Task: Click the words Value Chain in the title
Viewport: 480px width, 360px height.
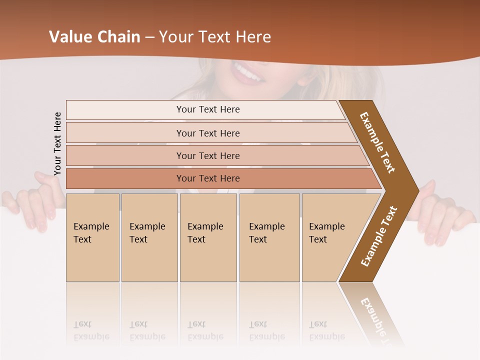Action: click(94, 37)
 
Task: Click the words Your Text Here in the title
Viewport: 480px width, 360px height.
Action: click(215, 37)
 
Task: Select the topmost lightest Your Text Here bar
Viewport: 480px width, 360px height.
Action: click(208, 109)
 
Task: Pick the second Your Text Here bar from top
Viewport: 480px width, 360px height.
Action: click(208, 133)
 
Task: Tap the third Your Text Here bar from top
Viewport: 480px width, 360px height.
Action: click(208, 155)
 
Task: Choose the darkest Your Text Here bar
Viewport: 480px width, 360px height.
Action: click(208, 178)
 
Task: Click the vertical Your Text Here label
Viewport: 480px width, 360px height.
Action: click(57, 143)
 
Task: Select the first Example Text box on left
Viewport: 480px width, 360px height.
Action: click(92, 237)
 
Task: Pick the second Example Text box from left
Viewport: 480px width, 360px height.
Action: click(149, 237)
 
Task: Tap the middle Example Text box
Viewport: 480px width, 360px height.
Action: click(208, 237)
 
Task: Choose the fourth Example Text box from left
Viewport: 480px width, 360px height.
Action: click(269, 237)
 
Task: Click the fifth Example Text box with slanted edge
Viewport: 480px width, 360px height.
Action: click(330, 237)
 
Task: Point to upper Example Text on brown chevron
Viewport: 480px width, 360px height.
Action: click(377, 142)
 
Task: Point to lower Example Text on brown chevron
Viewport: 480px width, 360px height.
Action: click(379, 236)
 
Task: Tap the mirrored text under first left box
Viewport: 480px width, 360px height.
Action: click(91, 330)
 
